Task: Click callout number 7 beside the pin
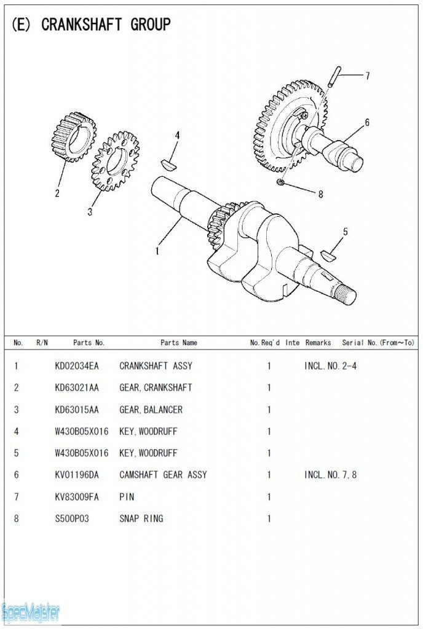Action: [x=367, y=76]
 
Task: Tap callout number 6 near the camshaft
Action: [x=367, y=122]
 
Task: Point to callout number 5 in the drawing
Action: [x=345, y=232]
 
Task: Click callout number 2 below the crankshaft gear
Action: [x=57, y=193]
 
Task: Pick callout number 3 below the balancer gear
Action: [x=90, y=212]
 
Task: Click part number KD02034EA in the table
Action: [x=76, y=366]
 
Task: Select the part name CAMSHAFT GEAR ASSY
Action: [x=163, y=475]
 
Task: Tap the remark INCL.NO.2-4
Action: [x=330, y=366]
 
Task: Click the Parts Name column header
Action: [x=178, y=343]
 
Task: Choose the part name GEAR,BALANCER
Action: [x=151, y=410]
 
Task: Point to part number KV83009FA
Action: [x=76, y=496]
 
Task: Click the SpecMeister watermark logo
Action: [x=31, y=612]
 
